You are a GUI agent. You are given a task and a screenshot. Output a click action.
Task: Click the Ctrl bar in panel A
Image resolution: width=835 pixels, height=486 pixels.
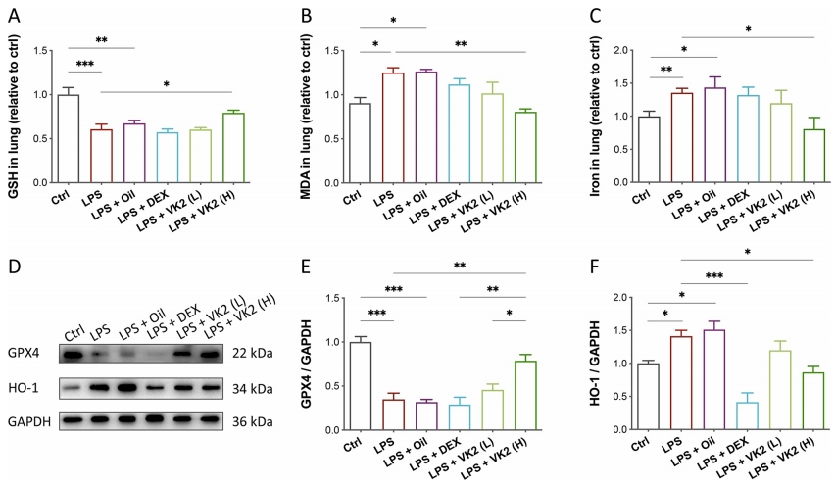pos(68,138)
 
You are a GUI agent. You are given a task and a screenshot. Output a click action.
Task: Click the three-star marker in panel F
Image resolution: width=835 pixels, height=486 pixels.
pos(700,275)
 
